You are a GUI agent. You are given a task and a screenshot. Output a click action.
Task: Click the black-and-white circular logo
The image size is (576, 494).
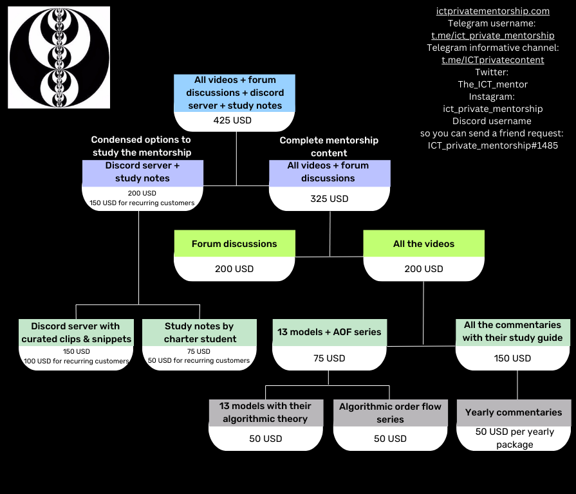[59, 57]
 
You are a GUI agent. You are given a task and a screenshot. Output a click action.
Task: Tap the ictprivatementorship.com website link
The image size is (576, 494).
[493, 11]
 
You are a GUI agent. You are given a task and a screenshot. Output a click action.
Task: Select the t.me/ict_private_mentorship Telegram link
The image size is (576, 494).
[493, 35]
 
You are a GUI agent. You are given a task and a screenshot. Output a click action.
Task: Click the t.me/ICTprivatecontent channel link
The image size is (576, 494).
[493, 60]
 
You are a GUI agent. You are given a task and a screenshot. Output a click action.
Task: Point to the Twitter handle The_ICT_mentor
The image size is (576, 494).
[493, 84]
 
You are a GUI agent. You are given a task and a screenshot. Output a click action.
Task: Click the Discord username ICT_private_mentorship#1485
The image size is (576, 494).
[493, 145]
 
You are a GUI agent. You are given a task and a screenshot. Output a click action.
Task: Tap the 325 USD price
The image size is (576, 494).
[330, 199]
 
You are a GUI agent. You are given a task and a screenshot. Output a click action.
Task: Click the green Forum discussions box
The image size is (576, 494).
[234, 244]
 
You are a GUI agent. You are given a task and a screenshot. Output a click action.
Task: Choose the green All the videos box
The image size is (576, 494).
[423, 244]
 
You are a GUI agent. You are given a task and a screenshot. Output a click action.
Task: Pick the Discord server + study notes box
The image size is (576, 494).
[142, 172]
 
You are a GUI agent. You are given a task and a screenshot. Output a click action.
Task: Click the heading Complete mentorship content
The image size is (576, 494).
[329, 147]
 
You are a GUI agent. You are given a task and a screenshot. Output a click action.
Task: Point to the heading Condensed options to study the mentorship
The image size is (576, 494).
[141, 146]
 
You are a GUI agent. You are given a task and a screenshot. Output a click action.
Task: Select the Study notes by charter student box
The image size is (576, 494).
[200, 333]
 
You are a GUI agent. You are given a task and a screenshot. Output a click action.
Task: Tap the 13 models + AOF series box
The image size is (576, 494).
[330, 333]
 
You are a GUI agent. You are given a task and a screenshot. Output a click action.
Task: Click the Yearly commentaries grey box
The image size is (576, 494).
[514, 412]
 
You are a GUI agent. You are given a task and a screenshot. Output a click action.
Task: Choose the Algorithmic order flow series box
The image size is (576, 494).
[390, 413]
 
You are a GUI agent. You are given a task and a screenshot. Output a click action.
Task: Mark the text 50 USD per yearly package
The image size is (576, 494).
[514, 438]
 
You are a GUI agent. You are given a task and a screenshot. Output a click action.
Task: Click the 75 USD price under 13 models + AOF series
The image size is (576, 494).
[330, 358]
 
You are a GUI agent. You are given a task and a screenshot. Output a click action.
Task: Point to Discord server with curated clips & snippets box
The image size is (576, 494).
[76, 333]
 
